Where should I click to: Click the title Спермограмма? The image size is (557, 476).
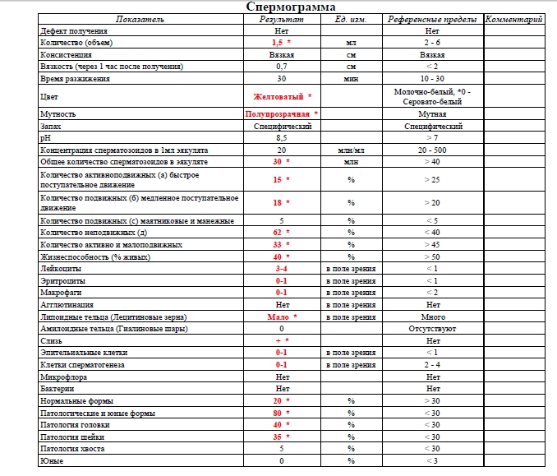tap(290, 7)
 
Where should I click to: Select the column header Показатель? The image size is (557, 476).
tap(140, 18)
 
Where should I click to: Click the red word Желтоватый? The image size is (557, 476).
tap(278, 96)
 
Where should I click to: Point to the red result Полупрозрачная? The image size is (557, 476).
tap(278, 114)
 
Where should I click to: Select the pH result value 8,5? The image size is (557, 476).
tap(281, 139)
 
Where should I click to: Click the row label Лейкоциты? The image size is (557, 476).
tap(57, 269)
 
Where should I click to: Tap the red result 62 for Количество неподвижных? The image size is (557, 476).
tap(278, 233)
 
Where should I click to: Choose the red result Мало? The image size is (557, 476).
tap(278, 317)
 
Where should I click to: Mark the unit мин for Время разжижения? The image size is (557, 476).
tap(352, 78)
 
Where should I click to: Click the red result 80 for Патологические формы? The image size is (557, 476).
tap(278, 413)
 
